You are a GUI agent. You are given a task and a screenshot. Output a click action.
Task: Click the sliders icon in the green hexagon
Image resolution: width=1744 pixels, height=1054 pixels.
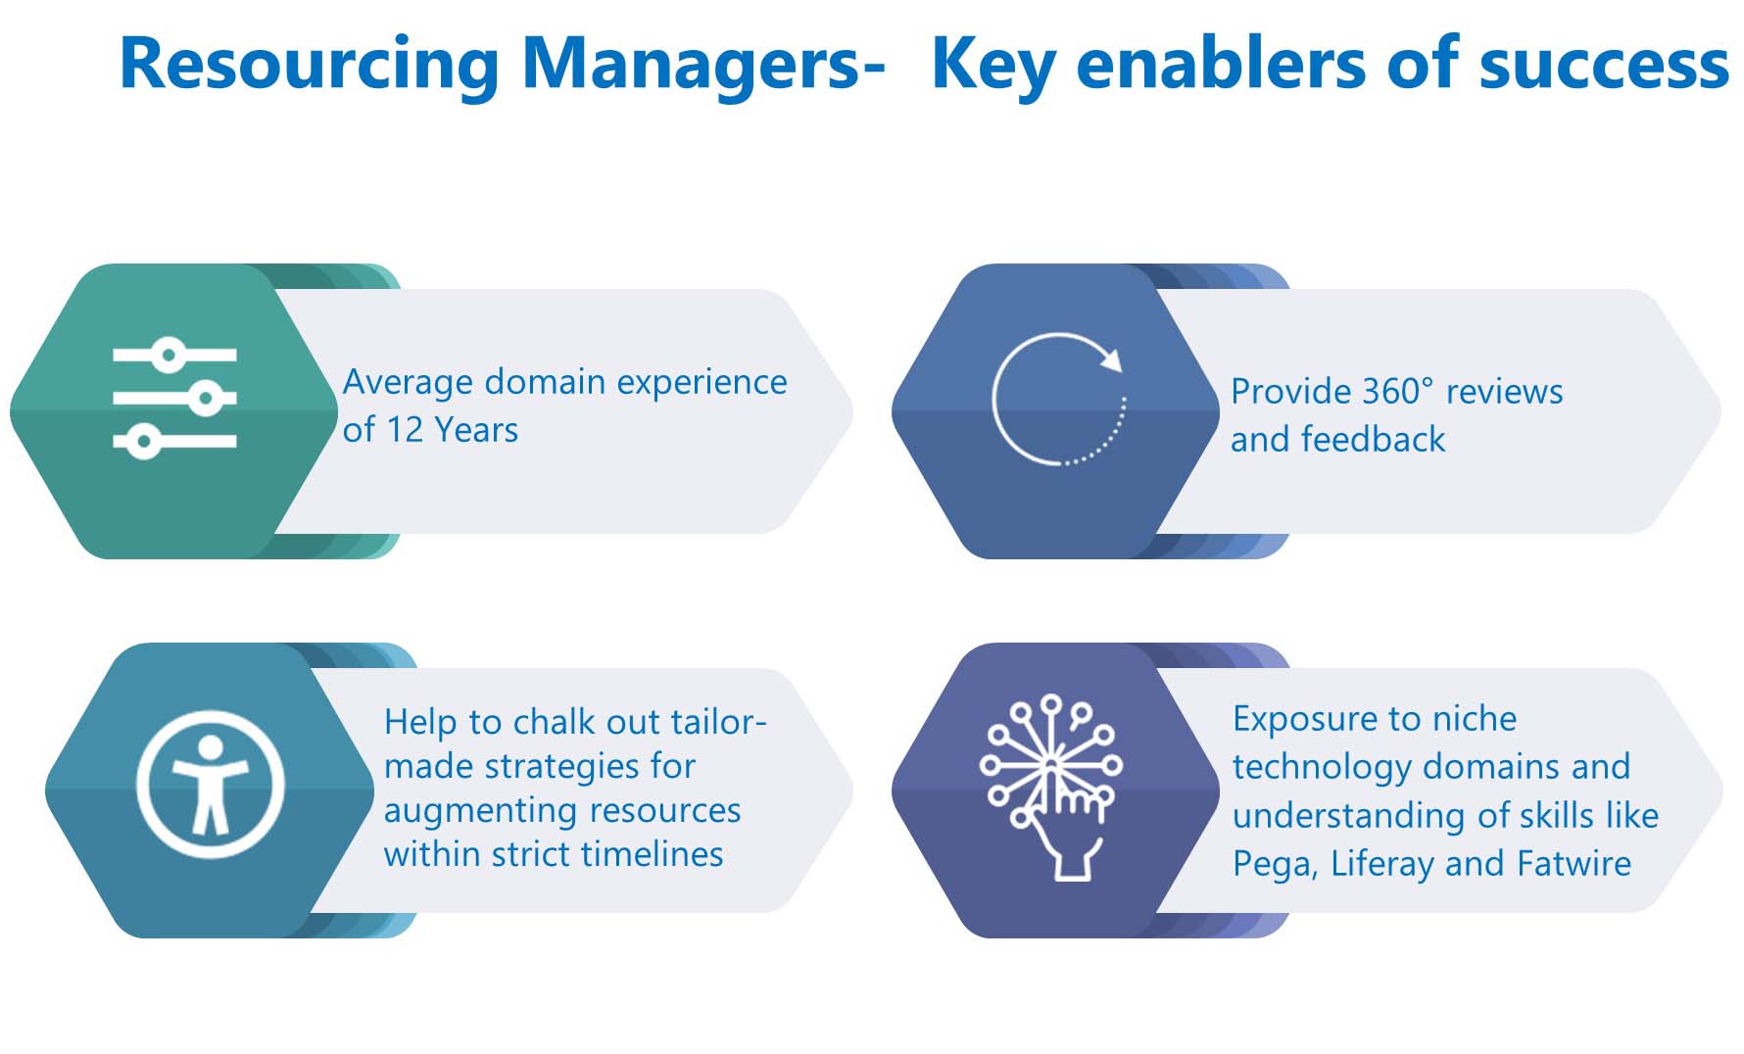[x=174, y=399]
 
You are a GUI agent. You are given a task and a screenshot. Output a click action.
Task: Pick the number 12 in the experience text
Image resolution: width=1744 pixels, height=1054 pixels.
[x=405, y=430]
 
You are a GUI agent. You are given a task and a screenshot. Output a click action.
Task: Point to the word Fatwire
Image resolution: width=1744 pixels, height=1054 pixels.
[x=1574, y=864]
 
